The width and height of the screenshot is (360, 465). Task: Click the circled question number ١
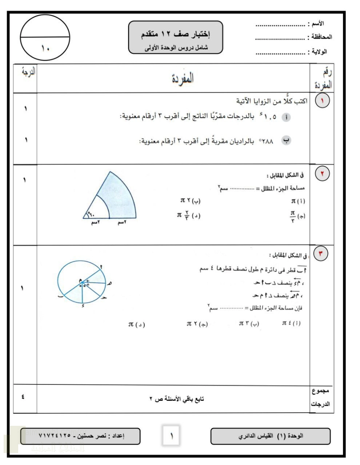pos(322,101)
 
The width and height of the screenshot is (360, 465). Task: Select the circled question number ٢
pos(322,174)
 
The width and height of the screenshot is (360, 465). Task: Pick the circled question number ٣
pos(321,253)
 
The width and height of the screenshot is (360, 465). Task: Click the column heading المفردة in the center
pos(183,78)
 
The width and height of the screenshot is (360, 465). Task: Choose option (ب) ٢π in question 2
pos(190,201)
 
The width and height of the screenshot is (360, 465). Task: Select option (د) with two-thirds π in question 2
pos(189,215)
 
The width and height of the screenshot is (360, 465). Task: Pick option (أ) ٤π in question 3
pos(291,323)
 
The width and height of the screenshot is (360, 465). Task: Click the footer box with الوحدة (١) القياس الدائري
pos(271,436)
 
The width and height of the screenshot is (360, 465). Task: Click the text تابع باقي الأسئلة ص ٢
pos(177,399)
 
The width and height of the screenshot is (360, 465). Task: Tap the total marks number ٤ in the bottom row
pos(23,397)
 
